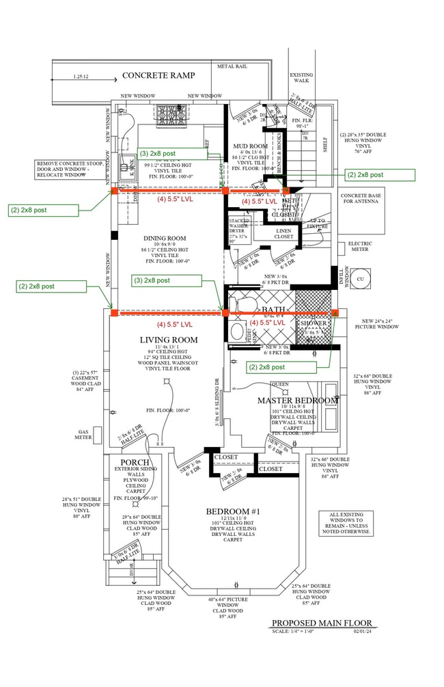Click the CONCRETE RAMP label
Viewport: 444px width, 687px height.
coord(158,75)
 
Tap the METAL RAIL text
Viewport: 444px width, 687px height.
coord(233,67)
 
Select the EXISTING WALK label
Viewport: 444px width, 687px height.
coord(301,78)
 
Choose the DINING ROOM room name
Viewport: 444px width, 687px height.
coord(165,239)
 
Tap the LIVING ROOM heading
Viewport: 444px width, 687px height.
coord(169,340)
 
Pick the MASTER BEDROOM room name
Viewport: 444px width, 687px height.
coord(297,400)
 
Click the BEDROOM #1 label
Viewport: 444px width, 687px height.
coord(232,511)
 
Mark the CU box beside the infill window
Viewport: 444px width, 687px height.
coord(361,278)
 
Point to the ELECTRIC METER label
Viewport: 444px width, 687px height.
coord(359,246)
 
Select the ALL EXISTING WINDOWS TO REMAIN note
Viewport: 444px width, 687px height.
coord(349,523)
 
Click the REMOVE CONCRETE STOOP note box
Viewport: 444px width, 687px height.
coord(70,169)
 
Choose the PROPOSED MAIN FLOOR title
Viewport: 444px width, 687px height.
coord(321,623)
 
